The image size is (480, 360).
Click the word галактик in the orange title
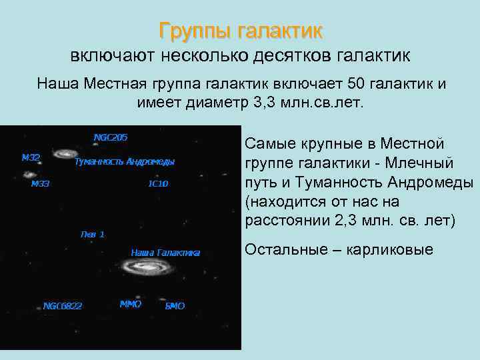[x=283, y=31]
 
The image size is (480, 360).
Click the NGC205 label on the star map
[x=111, y=137]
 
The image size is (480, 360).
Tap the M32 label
[x=31, y=158]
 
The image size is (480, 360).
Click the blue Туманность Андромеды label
[x=125, y=162]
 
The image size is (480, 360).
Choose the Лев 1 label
[x=92, y=234]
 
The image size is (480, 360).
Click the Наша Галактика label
[x=165, y=252]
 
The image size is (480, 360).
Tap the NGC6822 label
[x=63, y=306]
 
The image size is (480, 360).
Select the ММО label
[x=131, y=304]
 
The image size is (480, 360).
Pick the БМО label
[x=175, y=306]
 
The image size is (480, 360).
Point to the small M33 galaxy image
[x=29, y=175]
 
